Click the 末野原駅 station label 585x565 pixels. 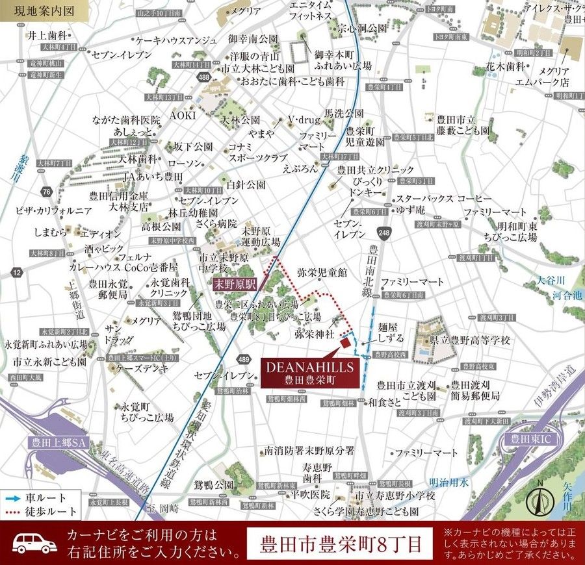pyautogui.click(x=236, y=284)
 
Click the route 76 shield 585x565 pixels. pyautogui.click(x=45, y=192)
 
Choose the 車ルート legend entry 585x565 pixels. pyautogui.click(x=40, y=497)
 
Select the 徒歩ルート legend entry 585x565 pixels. pyautogui.click(x=40, y=511)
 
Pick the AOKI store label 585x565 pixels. pyautogui.click(x=183, y=115)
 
